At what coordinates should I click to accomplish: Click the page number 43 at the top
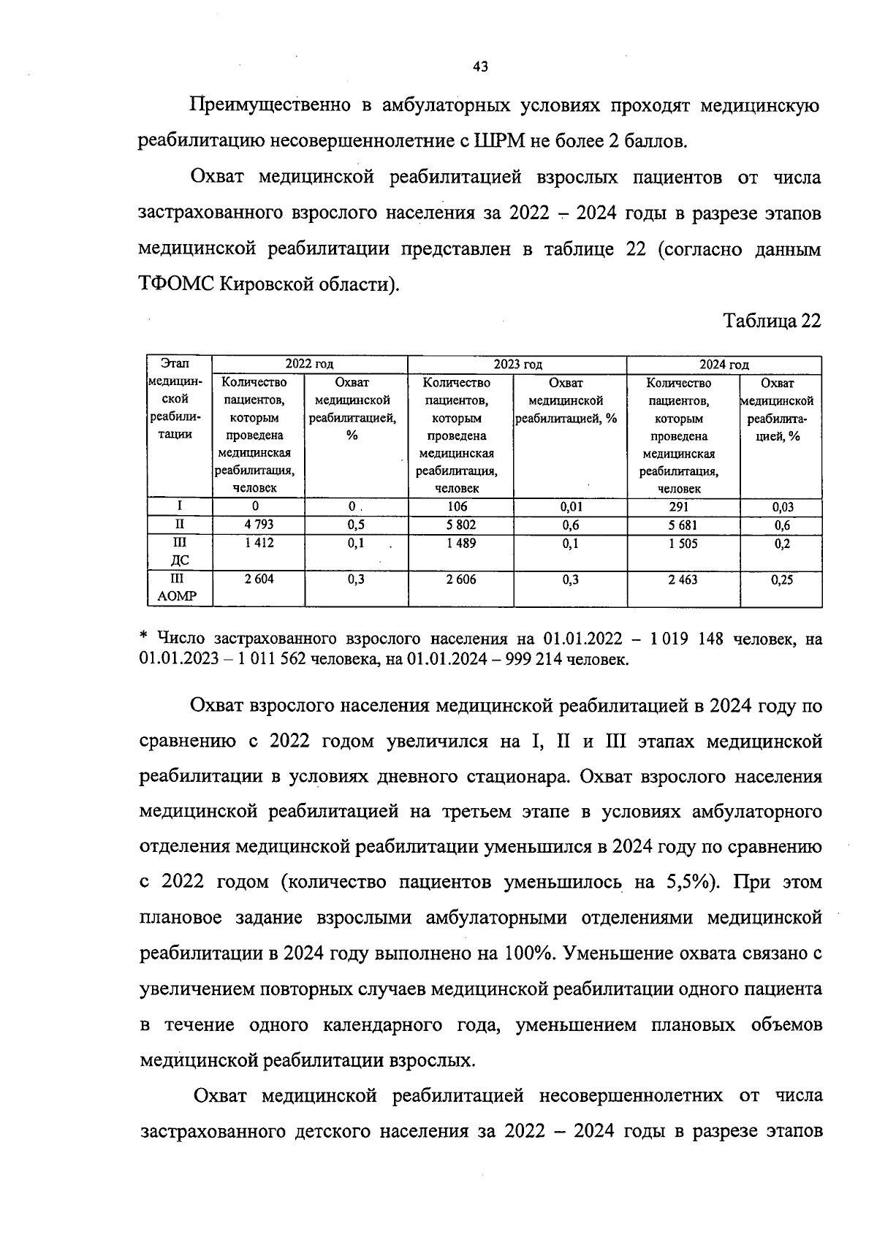[480, 67]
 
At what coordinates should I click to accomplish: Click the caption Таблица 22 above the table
[772, 321]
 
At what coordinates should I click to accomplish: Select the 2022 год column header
[309, 365]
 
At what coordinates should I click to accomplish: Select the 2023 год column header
[517, 365]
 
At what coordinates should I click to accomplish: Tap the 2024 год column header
[724, 365]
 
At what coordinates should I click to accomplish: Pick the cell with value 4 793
[259, 525]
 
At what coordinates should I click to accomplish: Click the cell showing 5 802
[460, 525]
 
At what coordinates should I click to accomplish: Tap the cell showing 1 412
[259, 543]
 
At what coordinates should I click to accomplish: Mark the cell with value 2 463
[683, 579]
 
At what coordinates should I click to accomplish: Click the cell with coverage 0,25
[781, 580]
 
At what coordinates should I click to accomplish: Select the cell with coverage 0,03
[781, 507]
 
